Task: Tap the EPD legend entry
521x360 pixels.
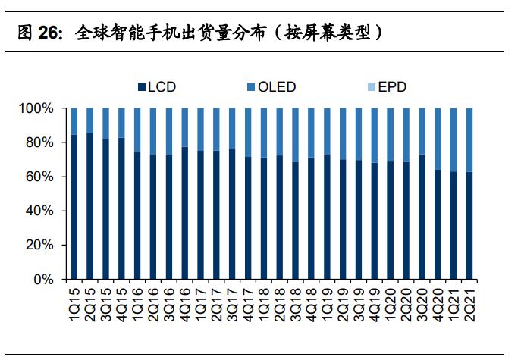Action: pos(391,87)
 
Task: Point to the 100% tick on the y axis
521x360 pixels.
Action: pos(37,109)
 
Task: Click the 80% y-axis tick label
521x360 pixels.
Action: pos(40,143)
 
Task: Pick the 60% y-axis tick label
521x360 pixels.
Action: pos(40,177)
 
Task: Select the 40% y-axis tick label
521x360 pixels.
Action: pos(40,211)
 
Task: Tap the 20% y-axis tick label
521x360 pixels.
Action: pos(40,245)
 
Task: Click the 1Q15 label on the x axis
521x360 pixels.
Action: pos(74,300)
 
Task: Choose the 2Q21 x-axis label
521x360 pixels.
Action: pos(470,300)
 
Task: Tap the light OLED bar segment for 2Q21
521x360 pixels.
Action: pos(470,140)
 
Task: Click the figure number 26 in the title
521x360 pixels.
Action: pos(50,33)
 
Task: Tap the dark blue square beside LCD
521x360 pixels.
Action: pos(142,87)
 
